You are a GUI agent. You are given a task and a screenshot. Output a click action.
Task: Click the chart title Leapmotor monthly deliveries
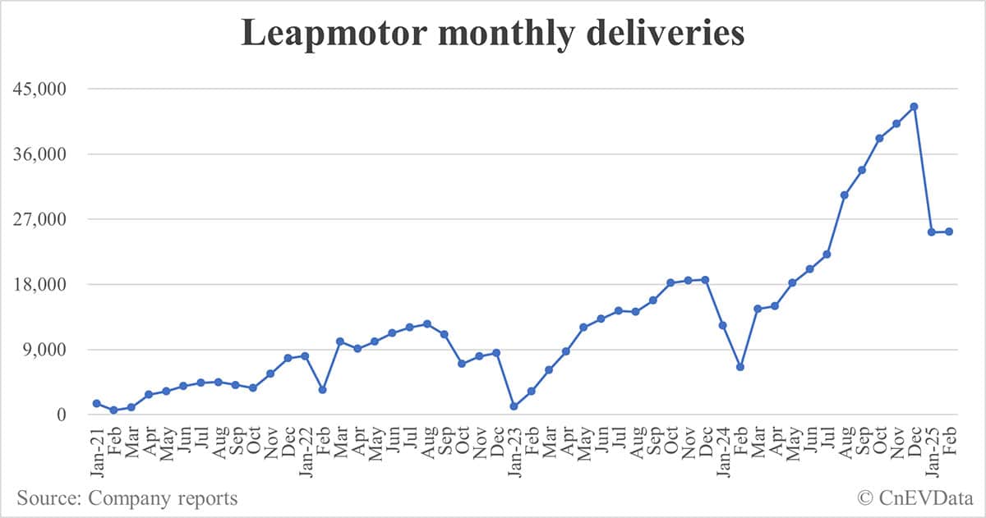coord(492,34)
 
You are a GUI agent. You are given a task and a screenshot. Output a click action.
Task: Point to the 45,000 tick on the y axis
coord(50,89)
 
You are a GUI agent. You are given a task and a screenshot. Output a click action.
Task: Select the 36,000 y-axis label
coord(50,154)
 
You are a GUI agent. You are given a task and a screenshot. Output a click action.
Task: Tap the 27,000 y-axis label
coord(50,219)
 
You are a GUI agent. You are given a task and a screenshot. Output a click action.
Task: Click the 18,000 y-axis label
coord(50,285)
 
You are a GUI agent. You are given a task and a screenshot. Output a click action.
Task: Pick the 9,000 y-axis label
coord(54,350)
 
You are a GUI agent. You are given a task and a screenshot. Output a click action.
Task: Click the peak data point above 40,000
coord(914,107)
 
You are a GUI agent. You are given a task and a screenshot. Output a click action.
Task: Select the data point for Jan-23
coord(514,406)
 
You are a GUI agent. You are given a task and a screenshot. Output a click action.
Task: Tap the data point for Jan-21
coord(97,403)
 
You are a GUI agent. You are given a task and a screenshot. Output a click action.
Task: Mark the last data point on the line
coord(949,231)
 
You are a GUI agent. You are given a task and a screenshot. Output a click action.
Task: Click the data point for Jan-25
coord(931,232)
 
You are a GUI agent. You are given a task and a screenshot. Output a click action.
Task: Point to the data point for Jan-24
coord(722,325)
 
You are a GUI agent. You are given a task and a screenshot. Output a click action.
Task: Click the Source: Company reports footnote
coord(127,497)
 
